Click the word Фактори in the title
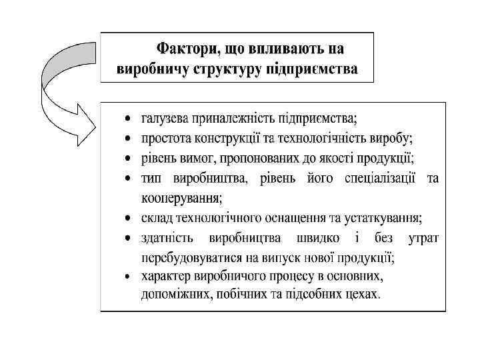coord(181,49)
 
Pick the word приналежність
coord(229,120)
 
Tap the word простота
coord(165,139)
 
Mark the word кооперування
coord(181,198)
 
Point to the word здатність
coord(167,237)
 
